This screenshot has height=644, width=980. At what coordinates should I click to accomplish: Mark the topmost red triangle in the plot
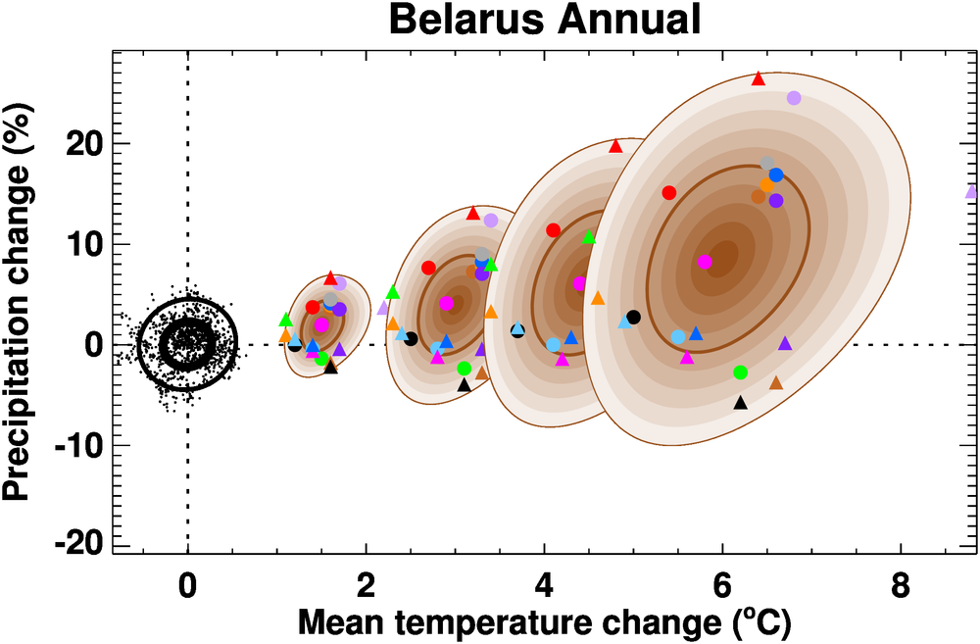758,78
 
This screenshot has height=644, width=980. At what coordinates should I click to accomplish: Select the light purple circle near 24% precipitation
794,98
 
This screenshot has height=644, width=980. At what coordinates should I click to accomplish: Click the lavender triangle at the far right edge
972,191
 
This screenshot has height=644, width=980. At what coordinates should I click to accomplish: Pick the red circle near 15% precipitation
669,193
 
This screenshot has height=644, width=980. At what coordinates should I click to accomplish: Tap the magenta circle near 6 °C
705,262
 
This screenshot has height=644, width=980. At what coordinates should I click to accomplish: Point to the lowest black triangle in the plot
741,402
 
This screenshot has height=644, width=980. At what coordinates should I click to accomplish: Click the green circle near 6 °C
740,372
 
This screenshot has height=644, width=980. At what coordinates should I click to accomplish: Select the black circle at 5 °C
633,317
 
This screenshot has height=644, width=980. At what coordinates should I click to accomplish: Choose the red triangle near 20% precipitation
616,146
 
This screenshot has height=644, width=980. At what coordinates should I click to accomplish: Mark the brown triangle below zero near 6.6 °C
776,382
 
